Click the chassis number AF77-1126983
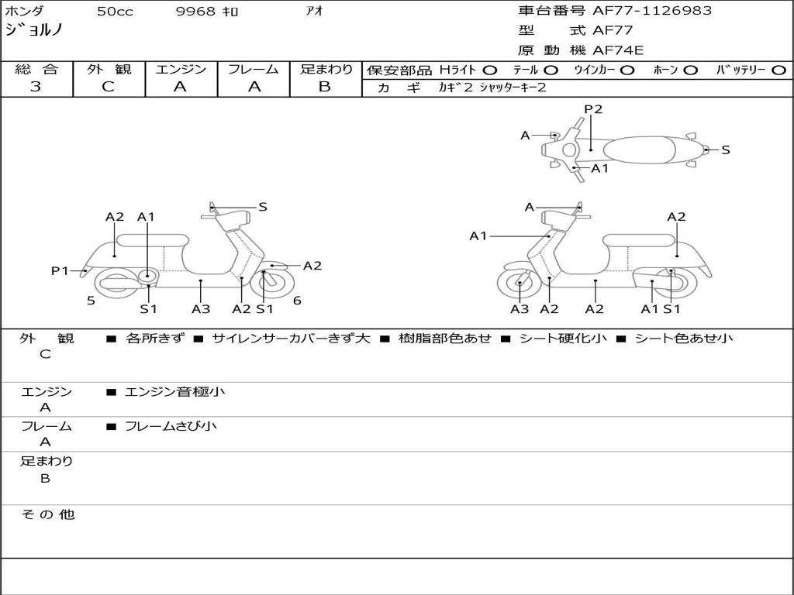pyautogui.click(x=652, y=11)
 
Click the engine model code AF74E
pyautogui.click(x=618, y=50)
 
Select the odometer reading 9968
pyautogui.click(x=195, y=11)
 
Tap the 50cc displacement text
pyautogui.click(x=115, y=11)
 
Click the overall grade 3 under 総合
pyautogui.click(x=36, y=87)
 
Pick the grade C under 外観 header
pyautogui.click(x=108, y=87)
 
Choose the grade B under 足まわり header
pyautogui.click(x=325, y=87)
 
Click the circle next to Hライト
pyautogui.click(x=490, y=71)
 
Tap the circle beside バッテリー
pyautogui.click(x=778, y=71)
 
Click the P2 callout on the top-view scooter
pyautogui.click(x=593, y=109)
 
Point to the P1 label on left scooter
pyautogui.click(x=60, y=270)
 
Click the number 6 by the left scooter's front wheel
pyautogui.click(x=297, y=301)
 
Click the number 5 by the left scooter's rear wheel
pyautogui.click(x=91, y=301)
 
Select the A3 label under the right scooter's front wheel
pyautogui.click(x=520, y=309)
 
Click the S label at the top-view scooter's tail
pyautogui.click(x=726, y=150)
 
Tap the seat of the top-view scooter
pyautogui.click(x=639, y=150)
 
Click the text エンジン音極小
pyautogui.click(x=174, y=391)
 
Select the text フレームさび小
pyautogui.click(x=171, y=426)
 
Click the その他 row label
pyautogui.click(x=47, y=514)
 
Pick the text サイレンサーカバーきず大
pyautogui.click(x=292, y=339)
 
